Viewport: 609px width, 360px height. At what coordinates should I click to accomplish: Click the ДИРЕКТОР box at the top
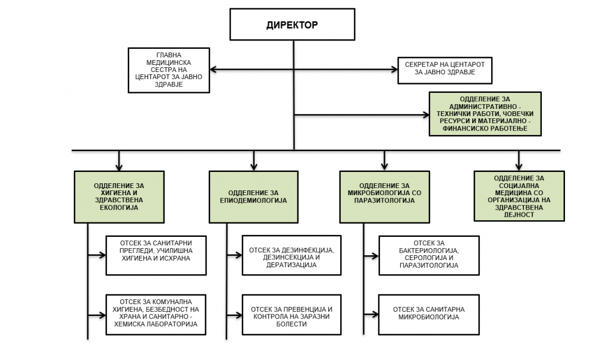pos(292,24)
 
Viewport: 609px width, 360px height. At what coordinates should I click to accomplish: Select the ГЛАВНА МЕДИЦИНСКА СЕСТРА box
pos(169,70)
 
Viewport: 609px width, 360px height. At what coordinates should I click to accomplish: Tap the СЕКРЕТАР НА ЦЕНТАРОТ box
pos(445,70)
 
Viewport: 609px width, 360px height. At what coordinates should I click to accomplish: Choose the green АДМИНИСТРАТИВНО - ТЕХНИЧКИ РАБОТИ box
pos(485,114)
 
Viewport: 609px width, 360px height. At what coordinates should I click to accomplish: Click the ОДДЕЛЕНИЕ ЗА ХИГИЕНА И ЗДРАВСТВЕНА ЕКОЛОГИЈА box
pos(119,197)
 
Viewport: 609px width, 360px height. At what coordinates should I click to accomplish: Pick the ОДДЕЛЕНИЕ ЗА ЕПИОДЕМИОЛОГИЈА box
pos(253,197)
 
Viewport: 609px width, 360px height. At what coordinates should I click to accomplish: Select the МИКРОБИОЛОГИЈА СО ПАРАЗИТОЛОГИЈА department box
pos(385,197)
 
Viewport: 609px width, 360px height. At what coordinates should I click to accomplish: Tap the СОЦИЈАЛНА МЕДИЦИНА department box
pos(519,196)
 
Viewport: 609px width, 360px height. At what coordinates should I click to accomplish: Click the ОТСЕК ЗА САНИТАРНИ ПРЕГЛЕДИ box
pos(156,255)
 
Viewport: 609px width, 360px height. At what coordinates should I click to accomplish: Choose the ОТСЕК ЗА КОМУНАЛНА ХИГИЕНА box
pos(156,315)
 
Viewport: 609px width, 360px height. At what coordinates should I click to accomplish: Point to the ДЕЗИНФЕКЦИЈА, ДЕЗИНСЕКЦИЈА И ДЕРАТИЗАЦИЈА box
pos(291,255)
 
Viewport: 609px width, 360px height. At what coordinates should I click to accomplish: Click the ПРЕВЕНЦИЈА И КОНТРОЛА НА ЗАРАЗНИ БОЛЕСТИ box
pos(291,315)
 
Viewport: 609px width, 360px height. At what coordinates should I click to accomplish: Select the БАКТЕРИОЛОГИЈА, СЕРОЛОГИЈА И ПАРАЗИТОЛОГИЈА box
pos(429,255)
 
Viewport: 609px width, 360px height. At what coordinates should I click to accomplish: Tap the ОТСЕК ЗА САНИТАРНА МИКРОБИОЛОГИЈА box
pos(429,315)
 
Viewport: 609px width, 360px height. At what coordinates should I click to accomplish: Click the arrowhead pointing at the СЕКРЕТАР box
pos(394,70)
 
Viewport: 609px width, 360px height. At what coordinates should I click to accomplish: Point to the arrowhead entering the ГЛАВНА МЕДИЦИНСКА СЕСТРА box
pos(214,70)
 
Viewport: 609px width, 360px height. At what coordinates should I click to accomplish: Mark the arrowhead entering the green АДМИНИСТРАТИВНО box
pos(425,115)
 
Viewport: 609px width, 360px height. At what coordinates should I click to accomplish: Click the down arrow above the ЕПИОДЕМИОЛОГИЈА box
pos(253,161)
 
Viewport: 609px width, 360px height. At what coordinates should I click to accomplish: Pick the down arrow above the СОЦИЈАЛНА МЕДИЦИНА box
pos(519,161)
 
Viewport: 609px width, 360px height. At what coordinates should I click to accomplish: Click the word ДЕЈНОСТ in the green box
pos(519,215)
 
